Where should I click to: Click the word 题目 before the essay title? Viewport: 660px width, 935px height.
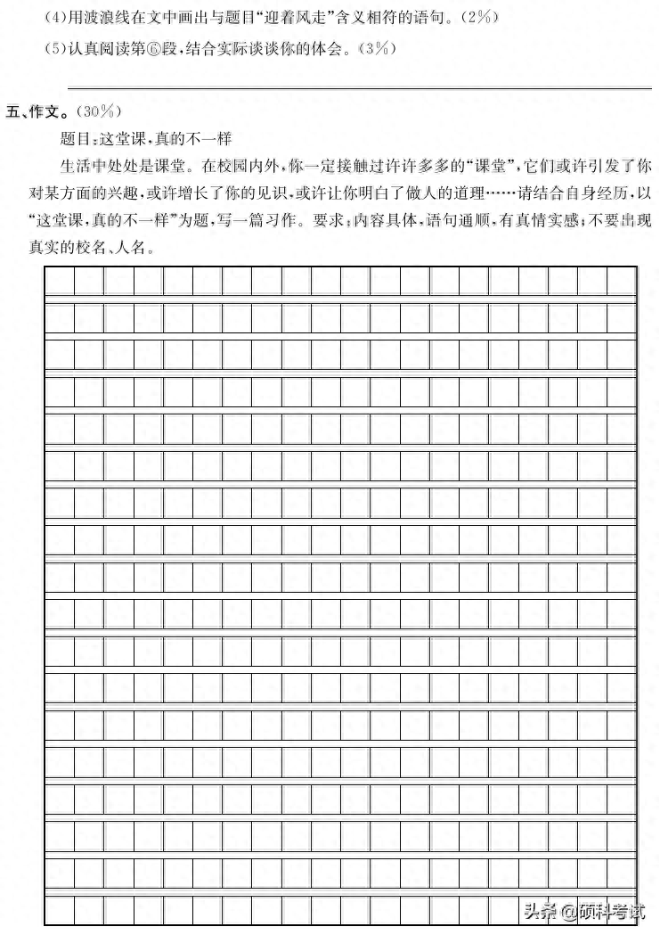coord(77,138)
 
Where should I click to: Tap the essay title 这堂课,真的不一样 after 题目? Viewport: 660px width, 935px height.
coord(167,138)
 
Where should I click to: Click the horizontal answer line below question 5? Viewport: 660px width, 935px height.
coord(356,87)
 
